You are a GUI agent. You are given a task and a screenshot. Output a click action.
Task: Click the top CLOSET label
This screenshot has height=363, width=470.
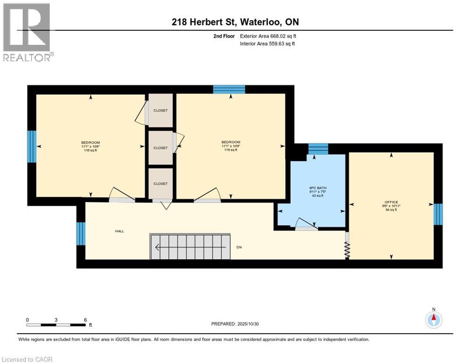point(160,111)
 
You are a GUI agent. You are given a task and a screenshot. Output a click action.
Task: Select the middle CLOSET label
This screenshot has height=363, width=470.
point(160,147)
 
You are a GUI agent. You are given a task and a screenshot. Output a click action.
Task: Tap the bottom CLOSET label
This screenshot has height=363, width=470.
point(160,183)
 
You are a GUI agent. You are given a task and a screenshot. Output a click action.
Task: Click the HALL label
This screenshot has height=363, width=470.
point(120,231)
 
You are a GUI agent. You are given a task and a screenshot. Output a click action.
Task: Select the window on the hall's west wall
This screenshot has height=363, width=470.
point(81,234)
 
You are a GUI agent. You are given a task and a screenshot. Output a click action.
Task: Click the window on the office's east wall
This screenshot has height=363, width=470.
point(438,214)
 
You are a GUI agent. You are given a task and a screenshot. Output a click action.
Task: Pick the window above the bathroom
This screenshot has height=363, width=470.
point(318,149)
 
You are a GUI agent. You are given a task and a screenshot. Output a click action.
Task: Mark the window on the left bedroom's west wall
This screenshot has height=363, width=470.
point(32,147)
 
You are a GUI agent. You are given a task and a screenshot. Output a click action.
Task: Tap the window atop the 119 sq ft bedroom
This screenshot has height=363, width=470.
point(229,89)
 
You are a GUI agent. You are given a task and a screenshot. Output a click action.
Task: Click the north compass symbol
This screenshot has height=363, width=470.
point(433,320)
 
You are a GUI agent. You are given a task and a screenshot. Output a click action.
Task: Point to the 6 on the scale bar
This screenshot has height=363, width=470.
point(85,320)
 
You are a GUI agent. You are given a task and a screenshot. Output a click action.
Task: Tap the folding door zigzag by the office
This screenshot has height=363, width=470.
point(347,250)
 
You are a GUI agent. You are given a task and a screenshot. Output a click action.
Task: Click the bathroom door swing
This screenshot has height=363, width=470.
point(305,223)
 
